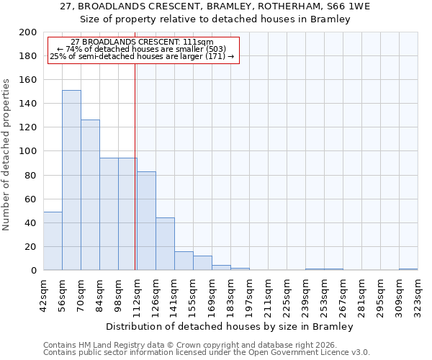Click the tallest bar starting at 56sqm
pos(71,180)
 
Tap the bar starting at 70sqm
pos(90,194)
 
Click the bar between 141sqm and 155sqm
pos(184,261)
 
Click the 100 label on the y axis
pos(29,151)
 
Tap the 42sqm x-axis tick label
pos(44,292)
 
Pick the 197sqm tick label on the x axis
pos(250,292)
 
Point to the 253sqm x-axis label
pos(325,292)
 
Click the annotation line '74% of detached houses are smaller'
pos(142,49)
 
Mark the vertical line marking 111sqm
pos(135,166)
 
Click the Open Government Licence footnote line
pos(207,353)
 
